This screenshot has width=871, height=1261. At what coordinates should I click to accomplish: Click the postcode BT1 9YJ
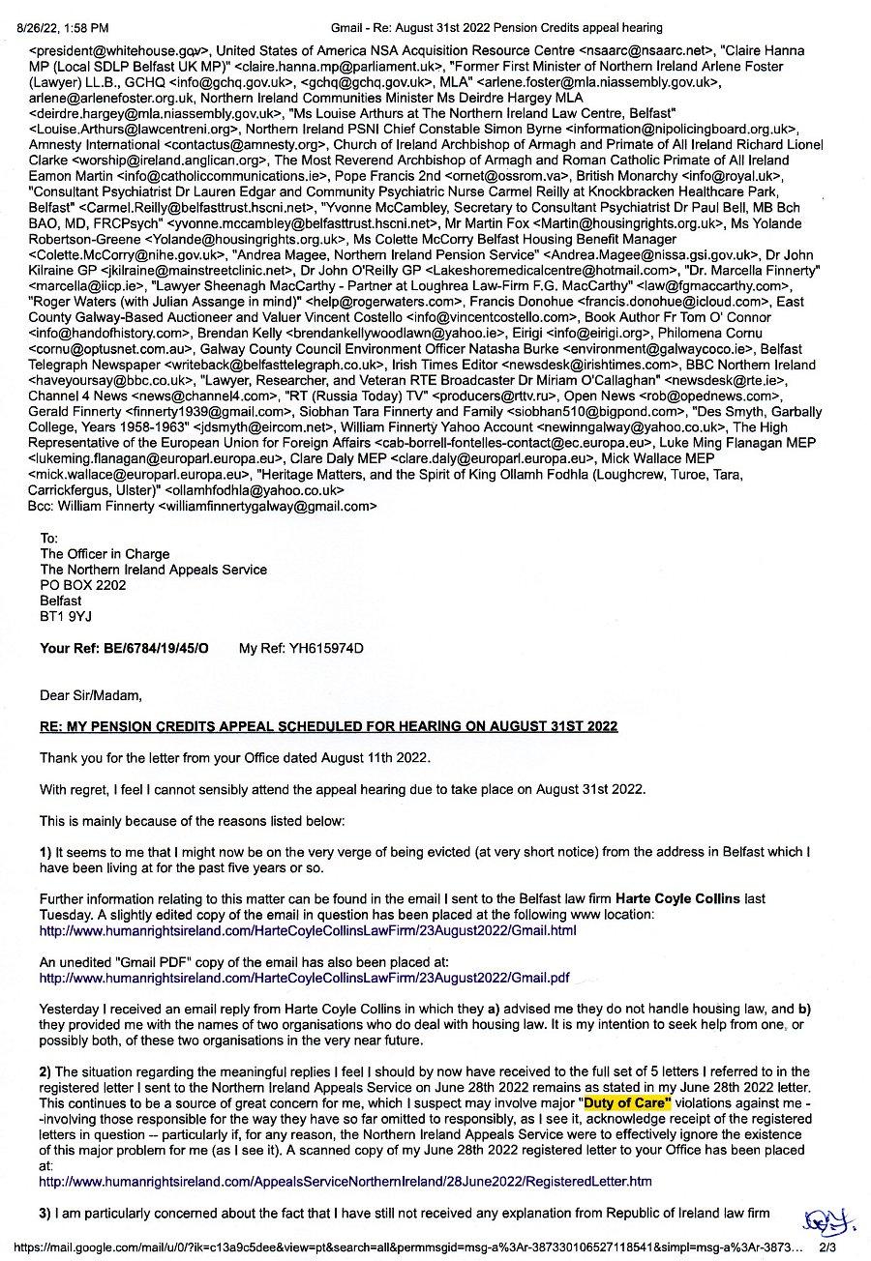coord(67,616)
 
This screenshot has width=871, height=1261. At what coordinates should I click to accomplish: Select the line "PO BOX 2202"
coord(83,585)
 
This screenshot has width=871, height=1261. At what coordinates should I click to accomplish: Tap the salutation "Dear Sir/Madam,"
coord(91,694)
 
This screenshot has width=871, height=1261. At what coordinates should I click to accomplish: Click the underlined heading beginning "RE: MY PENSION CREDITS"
coord(328,726)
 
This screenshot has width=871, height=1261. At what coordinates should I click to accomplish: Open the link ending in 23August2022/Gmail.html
coord(307,930)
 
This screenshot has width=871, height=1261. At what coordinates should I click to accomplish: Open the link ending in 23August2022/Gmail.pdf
coord(304,978)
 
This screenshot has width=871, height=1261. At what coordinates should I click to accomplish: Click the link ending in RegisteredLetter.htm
coord(345,1181)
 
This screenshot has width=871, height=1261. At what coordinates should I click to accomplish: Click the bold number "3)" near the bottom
coord(45,1213)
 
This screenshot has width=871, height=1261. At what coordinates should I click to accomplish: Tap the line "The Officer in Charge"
coord(105,554)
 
